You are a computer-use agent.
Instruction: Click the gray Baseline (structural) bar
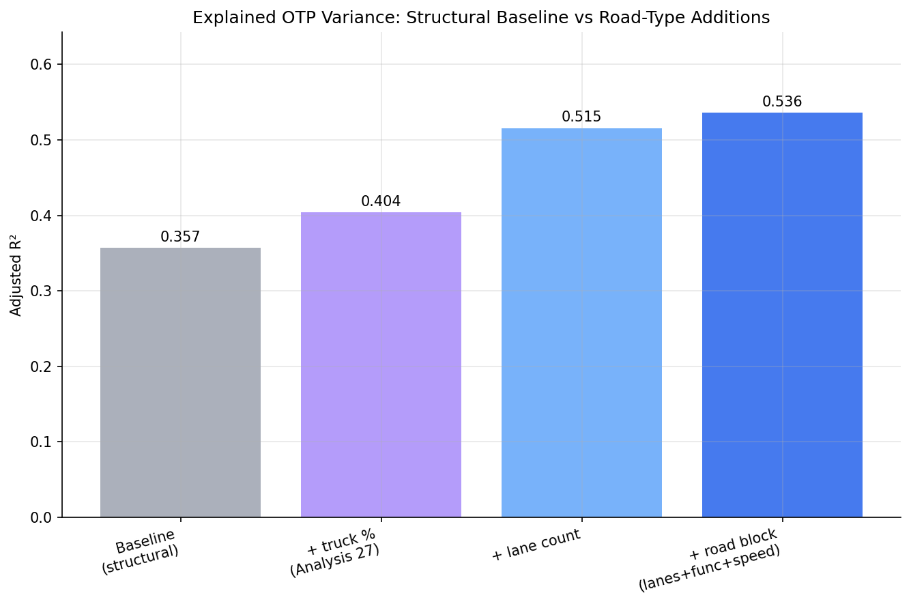pyautogui.click(x=180, y=382)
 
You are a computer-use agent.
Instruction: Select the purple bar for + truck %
pyautogui.click(x=381, y=365)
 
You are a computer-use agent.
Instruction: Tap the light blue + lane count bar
pyautogui.click(x=581, y=323)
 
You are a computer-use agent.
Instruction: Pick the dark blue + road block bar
pyautogui.click(x=782, y=315)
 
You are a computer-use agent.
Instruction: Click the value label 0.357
pyautogui.click(x=180, y=237)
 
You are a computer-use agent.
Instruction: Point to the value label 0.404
pyautogui.click(x=381, y=201)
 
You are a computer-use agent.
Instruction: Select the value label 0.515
pyautogui.click(x=581, y=117)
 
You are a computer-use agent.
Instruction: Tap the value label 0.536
pyautogui.click(x=782, y=102)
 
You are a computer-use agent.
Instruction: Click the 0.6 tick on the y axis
pyautogui.click(x=41, y=64)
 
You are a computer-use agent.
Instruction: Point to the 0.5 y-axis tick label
pyautogui.click(x=41, y=140)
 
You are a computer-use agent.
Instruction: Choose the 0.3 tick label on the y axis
pyautogui.click(x=41, y=291)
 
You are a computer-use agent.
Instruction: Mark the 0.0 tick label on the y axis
pyautogui.click(x=41, y=517)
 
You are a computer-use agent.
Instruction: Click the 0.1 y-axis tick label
pyautogui.click(x=41, y=442)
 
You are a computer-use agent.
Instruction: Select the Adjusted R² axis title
pyautogui.click(x=15, y=275)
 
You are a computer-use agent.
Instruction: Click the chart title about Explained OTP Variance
pyautogui.click(x=481, y=18)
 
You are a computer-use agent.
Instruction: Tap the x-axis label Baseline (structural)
pyautogui.click(x=141, y=552)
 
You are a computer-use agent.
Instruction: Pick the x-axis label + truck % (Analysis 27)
pyautogui.click(x=335, y=553)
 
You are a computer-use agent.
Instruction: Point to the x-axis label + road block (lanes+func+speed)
pyautogui.click(x=710, y=560)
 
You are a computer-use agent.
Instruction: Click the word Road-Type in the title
pyautogui.click(x=637, y=18)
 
